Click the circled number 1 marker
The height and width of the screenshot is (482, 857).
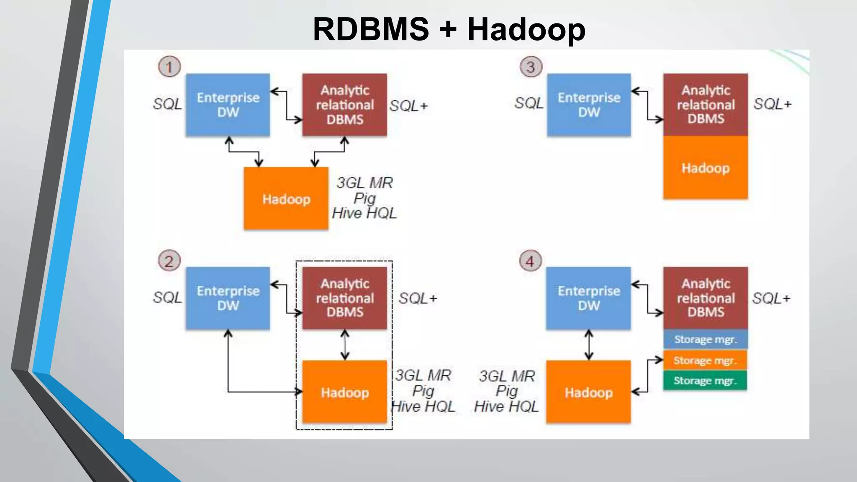click(x=169, y=67)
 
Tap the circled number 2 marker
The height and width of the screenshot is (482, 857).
click(x=169, y=261)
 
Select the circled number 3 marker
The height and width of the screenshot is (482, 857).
click(x=531, y=67)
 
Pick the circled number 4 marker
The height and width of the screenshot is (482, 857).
click(x=530, y=261)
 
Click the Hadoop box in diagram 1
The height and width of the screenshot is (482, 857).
click(x=286, y=199)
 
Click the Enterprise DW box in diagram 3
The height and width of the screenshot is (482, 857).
click(x=589, y=105)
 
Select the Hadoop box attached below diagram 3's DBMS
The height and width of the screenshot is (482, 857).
click(x=706, y=167)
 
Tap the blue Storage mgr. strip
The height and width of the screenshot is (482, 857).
click(x=705, y=339)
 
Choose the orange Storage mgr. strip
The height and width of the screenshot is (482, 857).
click(x=705, y=360)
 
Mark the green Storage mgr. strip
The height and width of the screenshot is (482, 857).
click(x=705, y=380)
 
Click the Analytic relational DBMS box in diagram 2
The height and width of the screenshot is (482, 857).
click(x=345, y=298)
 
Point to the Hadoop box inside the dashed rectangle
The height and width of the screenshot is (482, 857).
click(x=345, y=392)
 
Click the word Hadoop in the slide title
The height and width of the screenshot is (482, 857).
click(x=526, y=29)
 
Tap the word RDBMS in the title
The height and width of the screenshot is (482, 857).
click(x=371, y=29)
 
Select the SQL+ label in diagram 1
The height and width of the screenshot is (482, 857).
click(x=408, y=106)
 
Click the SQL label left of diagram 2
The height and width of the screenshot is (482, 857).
click(x=167, y=297)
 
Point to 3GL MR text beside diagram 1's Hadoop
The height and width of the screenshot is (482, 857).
click(x=364, y=183)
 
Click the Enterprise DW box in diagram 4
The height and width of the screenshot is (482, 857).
click(x=588, y=298)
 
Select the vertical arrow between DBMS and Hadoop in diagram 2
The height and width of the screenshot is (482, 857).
click(x=345, y=345)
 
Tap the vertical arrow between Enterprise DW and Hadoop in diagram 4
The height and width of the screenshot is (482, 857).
click(x=589, y=345)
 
